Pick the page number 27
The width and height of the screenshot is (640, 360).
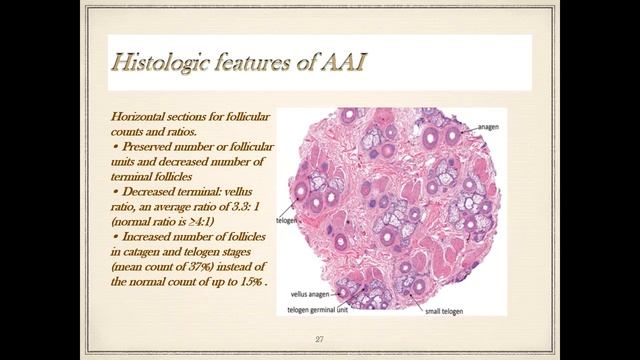tap(319, 341)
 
